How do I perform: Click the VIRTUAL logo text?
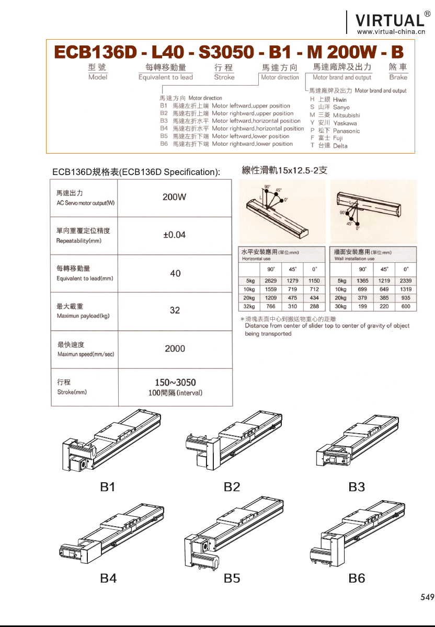pos(390,20)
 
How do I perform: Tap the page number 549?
pos(427,597)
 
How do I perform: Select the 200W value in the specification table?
pos(175,197)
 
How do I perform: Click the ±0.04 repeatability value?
pos(175,235)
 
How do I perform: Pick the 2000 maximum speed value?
pos(175,349)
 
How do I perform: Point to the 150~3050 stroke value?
pos(175,382)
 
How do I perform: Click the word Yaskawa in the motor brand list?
pos(345,123)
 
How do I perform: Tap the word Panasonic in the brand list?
pos(346,131)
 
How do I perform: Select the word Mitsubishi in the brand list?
pos(346,115)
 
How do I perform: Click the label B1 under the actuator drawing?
pos(108,487)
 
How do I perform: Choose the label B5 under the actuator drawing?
pos(232,578)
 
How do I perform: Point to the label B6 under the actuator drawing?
pos(357,578)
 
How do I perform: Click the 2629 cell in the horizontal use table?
pos(270,281)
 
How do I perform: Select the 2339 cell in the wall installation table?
pos(406,281)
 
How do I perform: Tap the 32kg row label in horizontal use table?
pos(249,306)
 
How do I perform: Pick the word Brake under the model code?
pos(398,77)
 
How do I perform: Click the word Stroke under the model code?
pos(224,77)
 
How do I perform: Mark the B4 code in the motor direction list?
pos(164,129)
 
